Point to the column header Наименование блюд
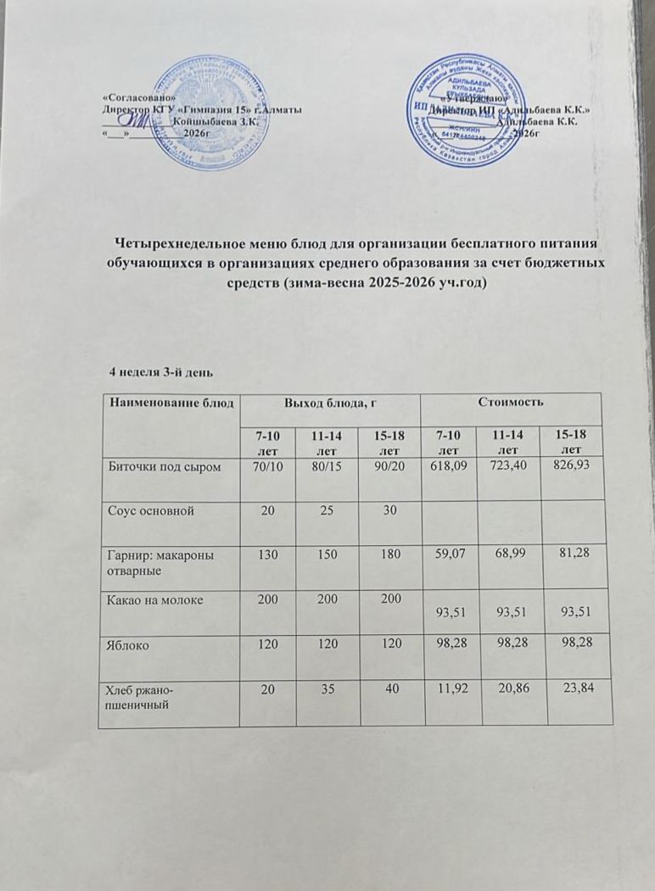tap(168, 401)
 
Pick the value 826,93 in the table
tap(578, 465)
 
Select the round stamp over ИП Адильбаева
tap(473, 113)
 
